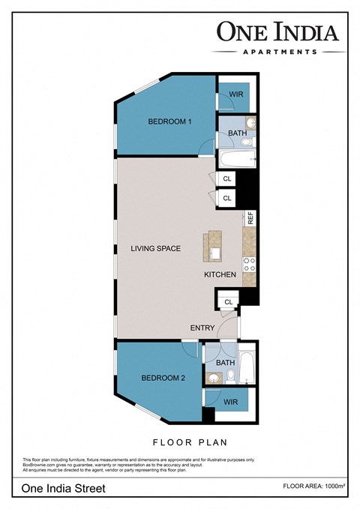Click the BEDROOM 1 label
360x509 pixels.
(x=170, y=121)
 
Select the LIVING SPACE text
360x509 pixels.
(x=155, y=248)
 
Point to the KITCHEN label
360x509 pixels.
(x=220, y=275)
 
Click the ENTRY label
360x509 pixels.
(x=202, y=328)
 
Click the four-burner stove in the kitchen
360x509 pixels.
(x=250, y=265)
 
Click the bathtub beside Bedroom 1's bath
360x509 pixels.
(x=238, y=159)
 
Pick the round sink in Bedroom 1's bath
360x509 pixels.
(x=251, y=123)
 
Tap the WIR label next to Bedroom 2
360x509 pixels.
(x=231, y=403)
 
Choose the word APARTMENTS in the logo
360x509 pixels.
(x=277, y=52)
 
